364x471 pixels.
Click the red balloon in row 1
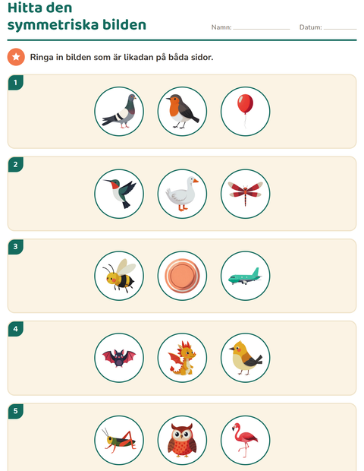click(x=245, y=104)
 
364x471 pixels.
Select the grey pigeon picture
click(x=120, y=112)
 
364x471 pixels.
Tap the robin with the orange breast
click(x=182, y=111)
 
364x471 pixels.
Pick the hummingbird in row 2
click(x=120, y=193)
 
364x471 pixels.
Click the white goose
click(x=182, y=194)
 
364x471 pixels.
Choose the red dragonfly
click(x=245, y=191)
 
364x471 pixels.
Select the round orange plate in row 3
click(x=182, y=276)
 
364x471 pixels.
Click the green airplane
click(x=245, y=277)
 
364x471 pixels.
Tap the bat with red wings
click(x=119, y=358)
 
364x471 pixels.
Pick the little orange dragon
click(x=182, y=358)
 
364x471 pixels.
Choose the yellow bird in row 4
click(x=245, y=358)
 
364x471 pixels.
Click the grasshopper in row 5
click(x=119, y=440)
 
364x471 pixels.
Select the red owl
click(x=182, y=440)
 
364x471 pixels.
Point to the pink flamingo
click(x=245, y=440)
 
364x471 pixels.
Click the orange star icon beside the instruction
click(x=16, y=57)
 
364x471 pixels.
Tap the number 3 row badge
click(x=16, y=247)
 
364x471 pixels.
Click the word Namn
click(x=221, y=27)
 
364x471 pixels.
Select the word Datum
click(x=310, y=27)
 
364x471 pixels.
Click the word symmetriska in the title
click(x=53, y=25)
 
